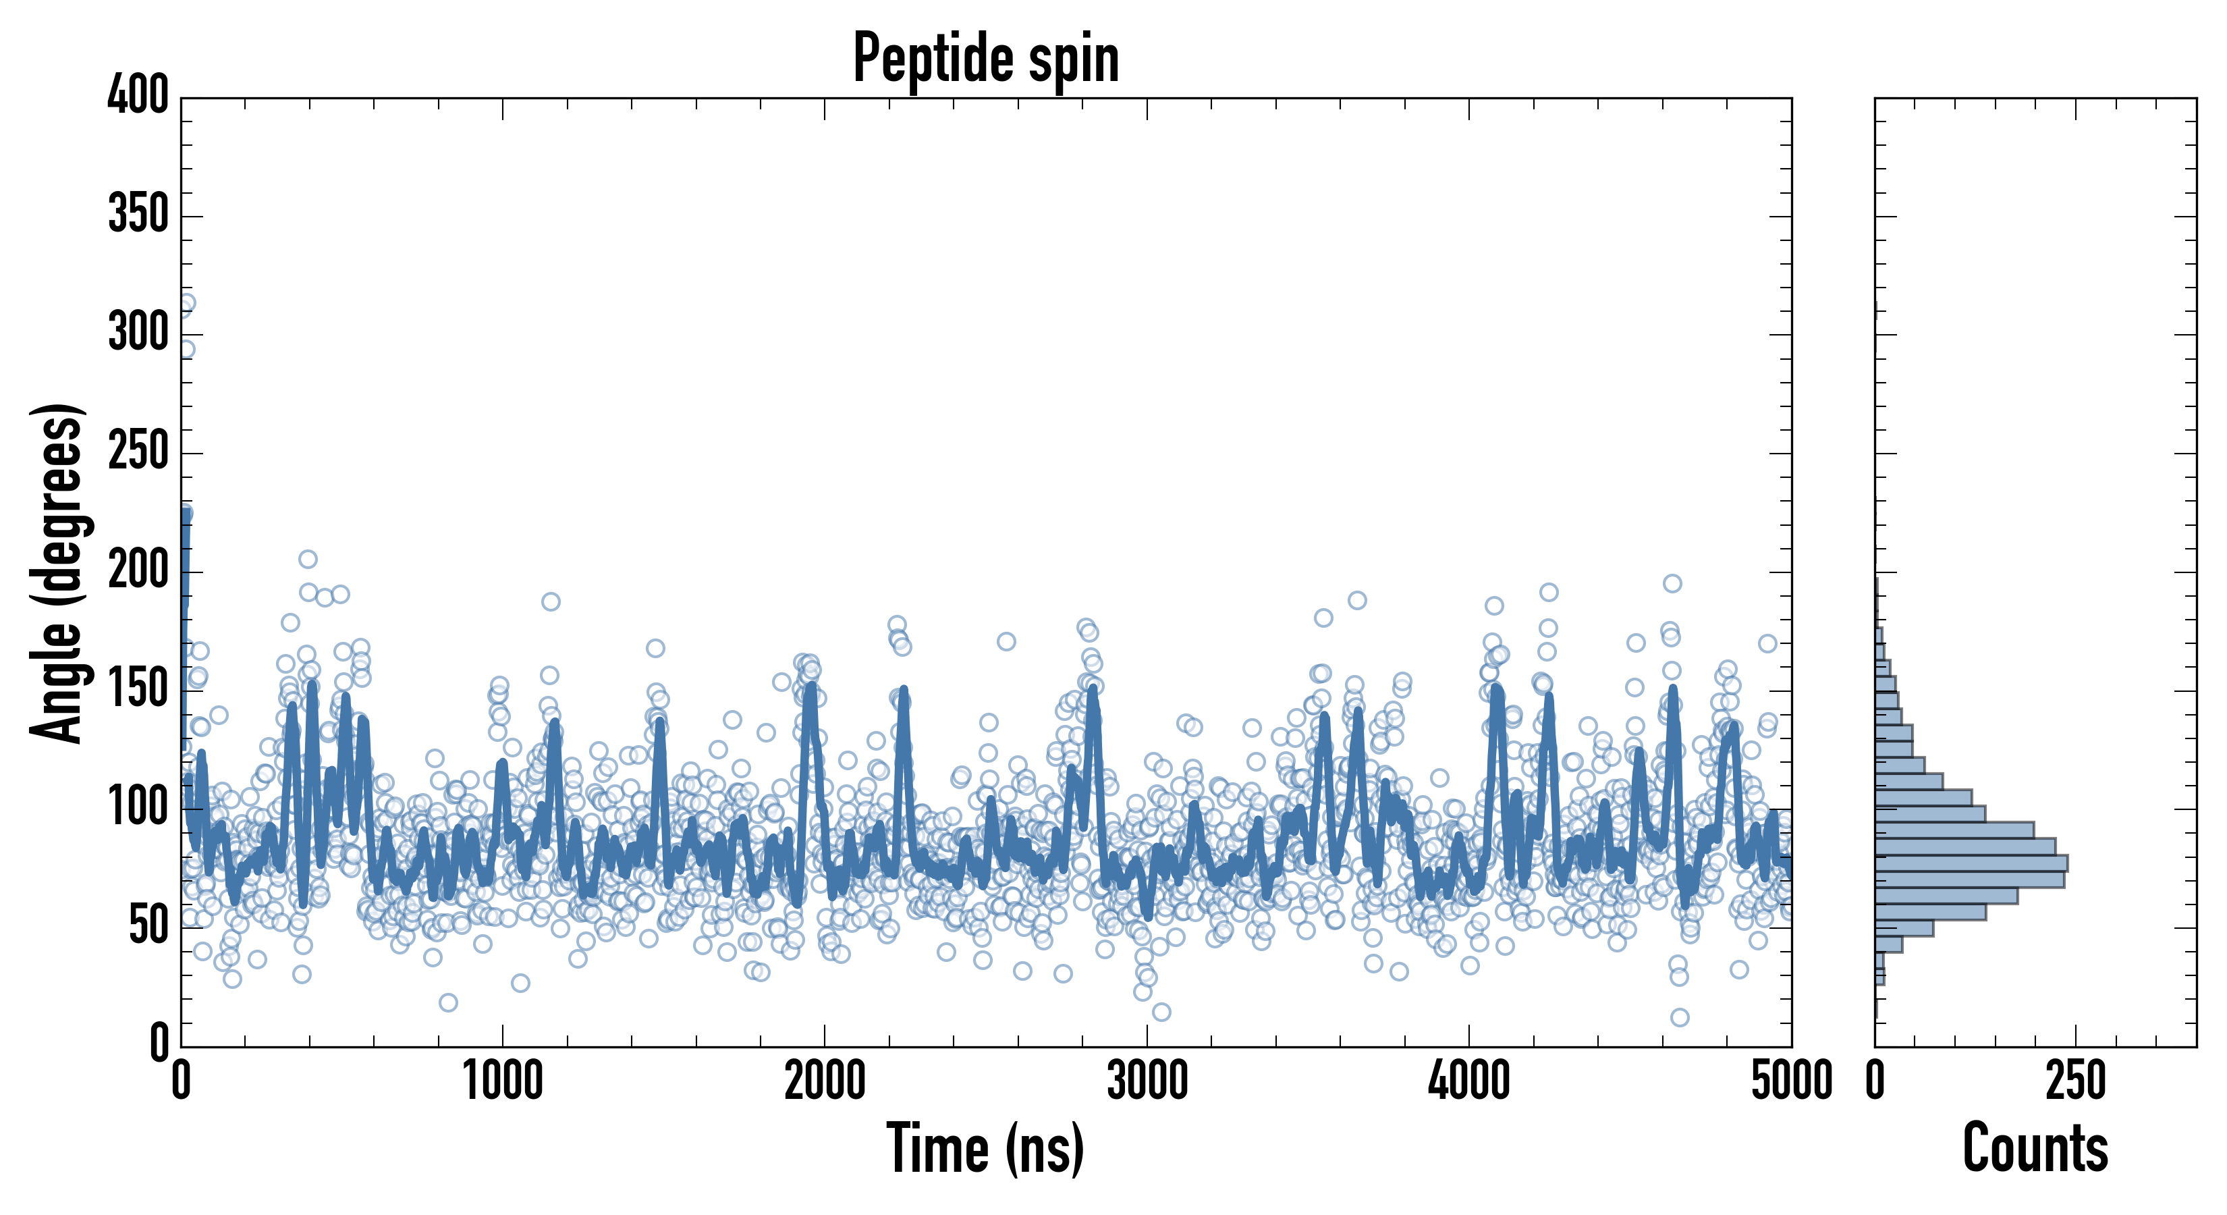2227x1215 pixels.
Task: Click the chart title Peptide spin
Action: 985,59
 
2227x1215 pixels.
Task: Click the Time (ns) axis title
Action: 985,1148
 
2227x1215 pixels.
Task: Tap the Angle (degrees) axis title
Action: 58,572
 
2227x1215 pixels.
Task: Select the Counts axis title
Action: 2035,1148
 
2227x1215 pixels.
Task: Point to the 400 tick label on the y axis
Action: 138,95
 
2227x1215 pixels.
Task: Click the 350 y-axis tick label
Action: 138,215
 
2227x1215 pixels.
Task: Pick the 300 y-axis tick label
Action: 138,333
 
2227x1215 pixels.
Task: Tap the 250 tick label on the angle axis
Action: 138,452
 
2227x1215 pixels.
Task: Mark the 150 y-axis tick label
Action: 138,689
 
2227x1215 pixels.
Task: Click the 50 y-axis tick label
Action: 148,926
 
